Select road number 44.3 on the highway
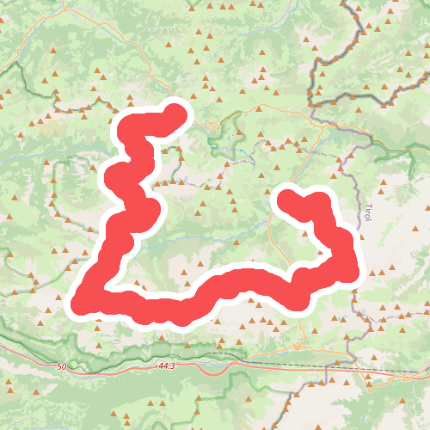(167, 366)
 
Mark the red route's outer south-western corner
(77, 305)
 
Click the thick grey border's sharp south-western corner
(313, 103)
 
